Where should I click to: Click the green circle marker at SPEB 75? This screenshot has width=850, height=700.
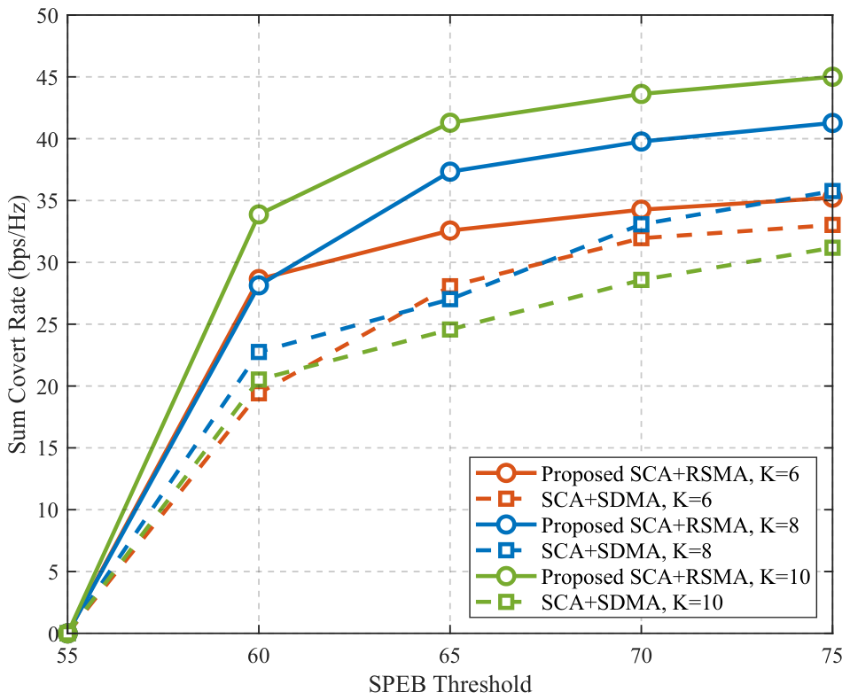[x=832, y=77]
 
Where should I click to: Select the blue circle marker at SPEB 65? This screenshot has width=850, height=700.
[x=450, y=172]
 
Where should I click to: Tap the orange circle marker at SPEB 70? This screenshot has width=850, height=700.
[x=642, y=210]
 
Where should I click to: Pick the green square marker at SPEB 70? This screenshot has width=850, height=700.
[x=642, y=280]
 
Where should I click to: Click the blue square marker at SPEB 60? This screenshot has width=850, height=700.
[x=259, y=352]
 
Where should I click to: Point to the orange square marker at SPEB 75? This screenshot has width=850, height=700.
[x=832, y=225]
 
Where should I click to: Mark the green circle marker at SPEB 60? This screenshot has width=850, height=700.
[x=259, y=214]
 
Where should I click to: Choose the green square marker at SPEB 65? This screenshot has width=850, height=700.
[x=450, y=330]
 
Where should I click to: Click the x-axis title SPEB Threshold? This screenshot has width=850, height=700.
[x=450, y=684]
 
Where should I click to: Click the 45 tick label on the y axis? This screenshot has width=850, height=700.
[x=48, y=77]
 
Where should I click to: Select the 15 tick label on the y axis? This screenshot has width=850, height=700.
[x=48, y=448]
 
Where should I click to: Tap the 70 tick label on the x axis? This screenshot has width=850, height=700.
[x=642, y=656]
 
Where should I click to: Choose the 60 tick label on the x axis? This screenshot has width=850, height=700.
[x=259, y=656]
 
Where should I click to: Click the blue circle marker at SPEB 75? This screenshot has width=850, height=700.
[x=832, y=123]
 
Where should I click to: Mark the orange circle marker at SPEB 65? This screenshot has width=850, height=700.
[x=450, y=230]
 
